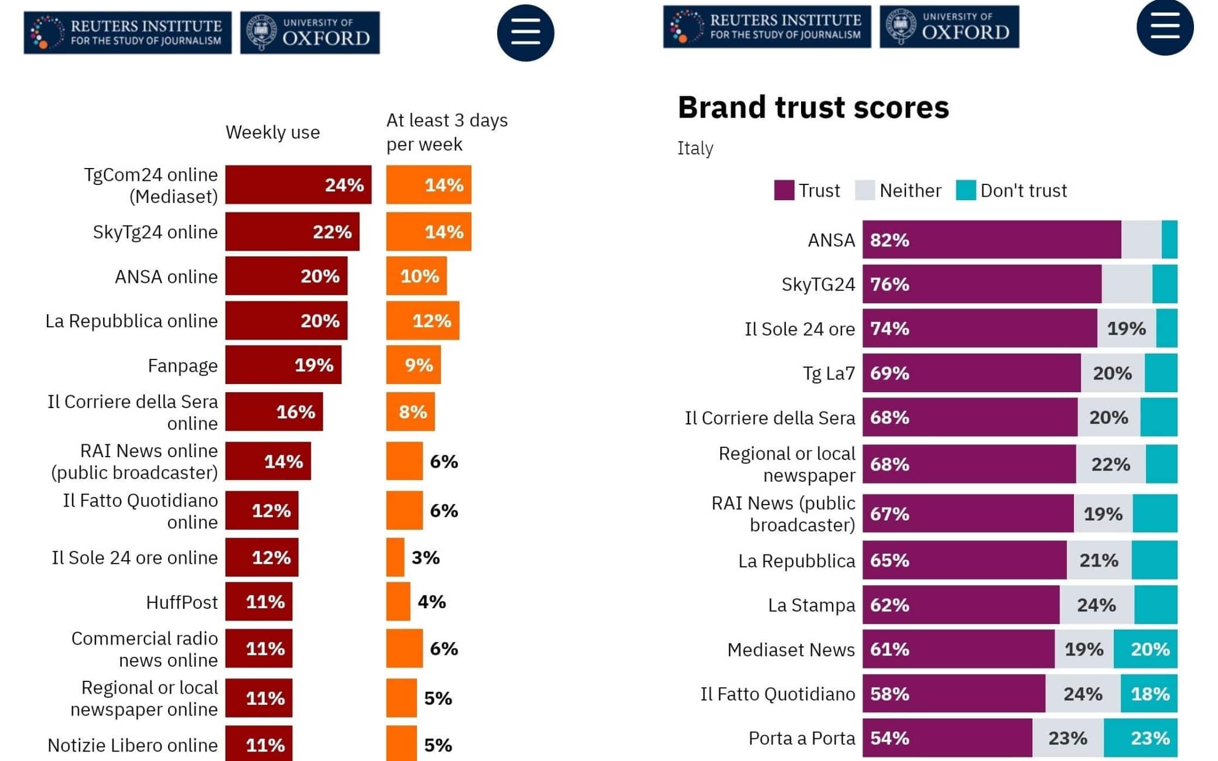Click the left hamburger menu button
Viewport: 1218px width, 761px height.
(x=525, y=33)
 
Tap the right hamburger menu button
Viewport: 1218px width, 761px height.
(x=1164, y=27)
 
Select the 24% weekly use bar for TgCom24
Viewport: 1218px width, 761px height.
(x=298, y=185)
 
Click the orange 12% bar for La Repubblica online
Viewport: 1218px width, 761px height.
(x=422, y=321)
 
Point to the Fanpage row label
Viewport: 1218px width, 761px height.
(x=183, y=366)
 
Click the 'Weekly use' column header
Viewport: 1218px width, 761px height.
(x=273, y=132)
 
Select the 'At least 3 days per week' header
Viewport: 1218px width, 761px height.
(x=446, y=132)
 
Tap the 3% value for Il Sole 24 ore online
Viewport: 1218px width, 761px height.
(x=426, y=558)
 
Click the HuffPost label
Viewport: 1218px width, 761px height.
(x=182, y=602)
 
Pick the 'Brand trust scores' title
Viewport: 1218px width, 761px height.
(x=813, y=108)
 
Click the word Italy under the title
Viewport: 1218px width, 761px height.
(x=695, y=148)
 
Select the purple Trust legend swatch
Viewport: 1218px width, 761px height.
(x=784, y=190)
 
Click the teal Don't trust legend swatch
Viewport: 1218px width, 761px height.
(x=966, y=190)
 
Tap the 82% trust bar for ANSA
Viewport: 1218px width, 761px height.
(x=991, y=240)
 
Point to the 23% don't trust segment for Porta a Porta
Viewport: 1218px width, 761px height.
(x=1140, y=738)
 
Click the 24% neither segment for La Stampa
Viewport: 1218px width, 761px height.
(x=1096, y=605)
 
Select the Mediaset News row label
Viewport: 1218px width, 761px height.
(x=791, y=650)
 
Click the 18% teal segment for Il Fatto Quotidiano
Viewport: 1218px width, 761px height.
(x=1149, y=694)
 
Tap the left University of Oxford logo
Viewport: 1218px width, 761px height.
(x=310, y=33)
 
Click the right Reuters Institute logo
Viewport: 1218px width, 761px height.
(x=767, y=27)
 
